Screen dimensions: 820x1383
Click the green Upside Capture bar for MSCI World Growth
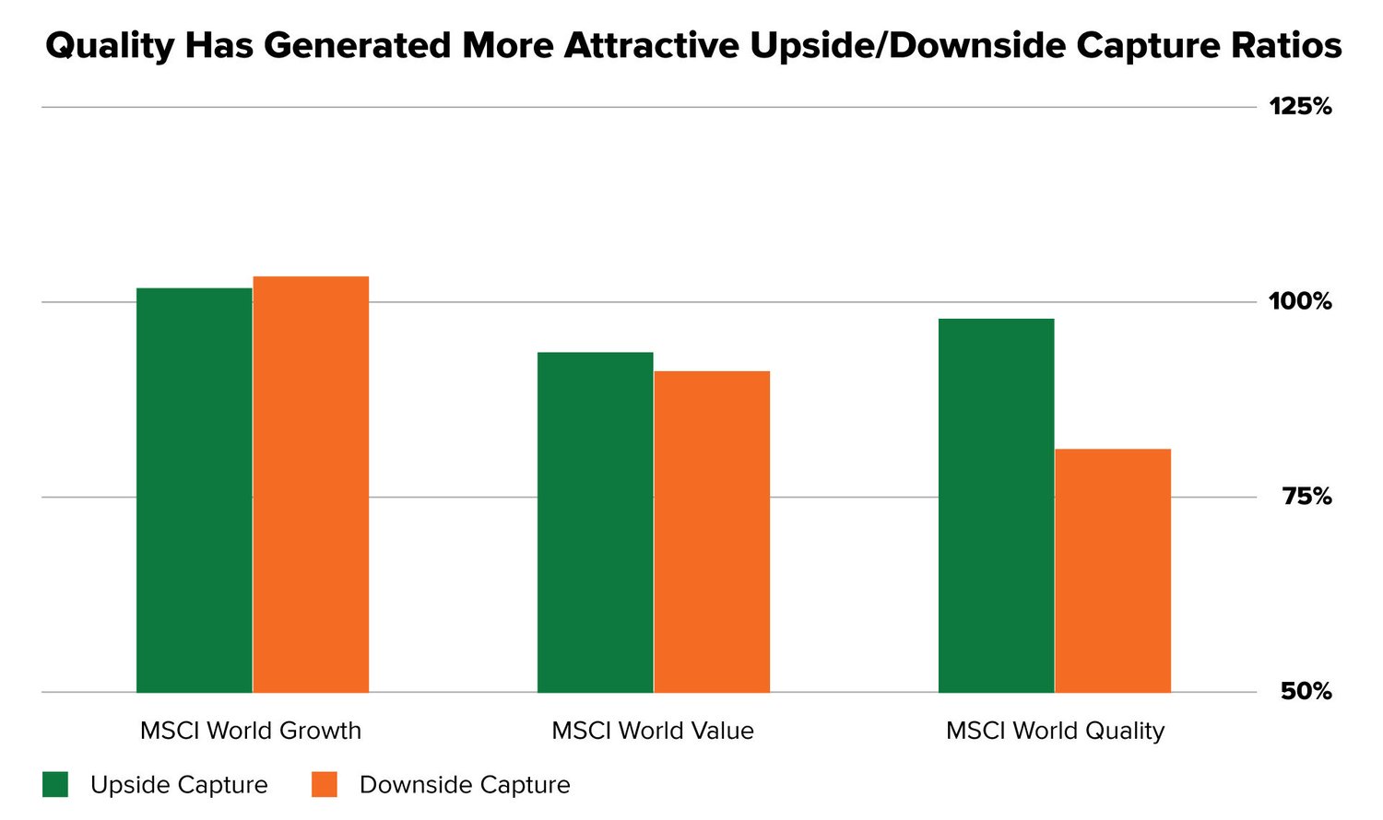(x=194, y=490)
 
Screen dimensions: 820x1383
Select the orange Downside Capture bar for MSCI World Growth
(x=311, y=484)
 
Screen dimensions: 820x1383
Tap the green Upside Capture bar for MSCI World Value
(x=595, y=521)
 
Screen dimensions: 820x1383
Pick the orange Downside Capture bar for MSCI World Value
(x=712, y=532)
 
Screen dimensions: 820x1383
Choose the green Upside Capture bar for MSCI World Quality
(x=996, y=505)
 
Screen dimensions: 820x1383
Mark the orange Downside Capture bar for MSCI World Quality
(x=1113, y=570)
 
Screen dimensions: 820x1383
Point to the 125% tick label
(x=1300, y=107)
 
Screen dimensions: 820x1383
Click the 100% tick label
(x=1300, y=301)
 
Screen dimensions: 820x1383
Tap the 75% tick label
(x=1306, y=497)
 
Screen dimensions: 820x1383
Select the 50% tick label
(x=1306, y=691)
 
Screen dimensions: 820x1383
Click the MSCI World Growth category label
(x=251, y=731)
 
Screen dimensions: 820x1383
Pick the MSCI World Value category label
(x=653, y=731)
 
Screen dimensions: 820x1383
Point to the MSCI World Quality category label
(x=1055, y=731)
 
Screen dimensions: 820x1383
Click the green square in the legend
(x=55, y=785)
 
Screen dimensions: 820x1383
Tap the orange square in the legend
(x=325, y=785)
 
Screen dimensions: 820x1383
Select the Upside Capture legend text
(x=179, y=785)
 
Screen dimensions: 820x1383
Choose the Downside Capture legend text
(x=465, y=785)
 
